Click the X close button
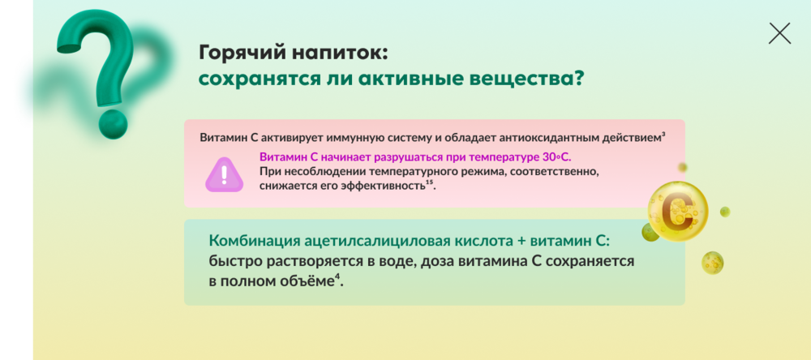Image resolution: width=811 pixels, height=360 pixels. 779,33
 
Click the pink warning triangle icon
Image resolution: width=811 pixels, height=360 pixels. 223,174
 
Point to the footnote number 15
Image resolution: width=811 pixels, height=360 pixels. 429,182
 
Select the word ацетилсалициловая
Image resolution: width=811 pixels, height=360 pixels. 387,241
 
